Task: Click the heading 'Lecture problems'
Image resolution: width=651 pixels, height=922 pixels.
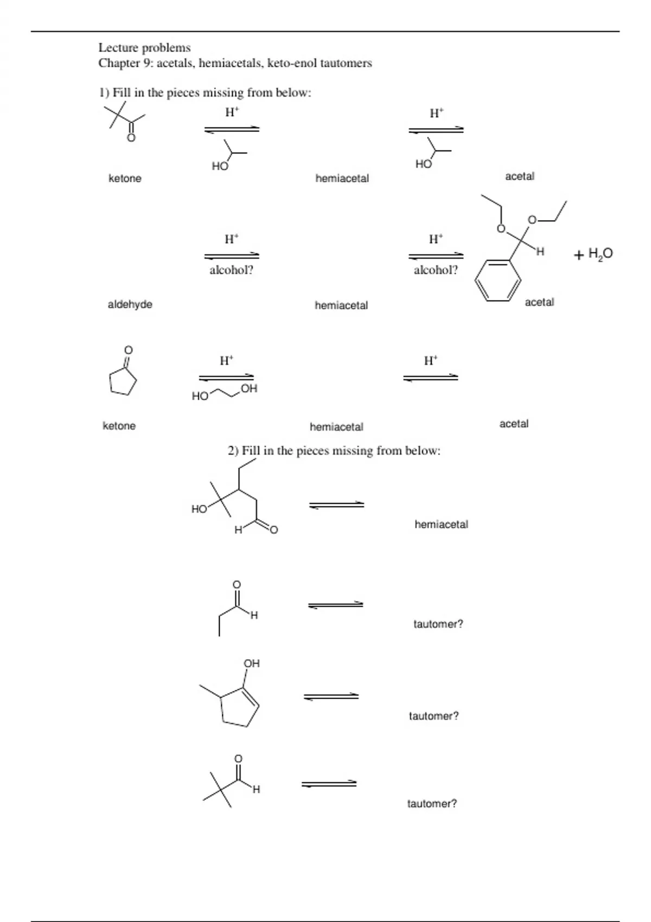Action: [x=144, y=48]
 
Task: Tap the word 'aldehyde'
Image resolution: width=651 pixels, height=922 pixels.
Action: [x=130, y=304]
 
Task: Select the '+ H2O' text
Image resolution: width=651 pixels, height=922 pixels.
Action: [x=593, y=253]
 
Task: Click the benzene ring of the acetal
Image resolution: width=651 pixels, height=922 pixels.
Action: [x=498, y=280]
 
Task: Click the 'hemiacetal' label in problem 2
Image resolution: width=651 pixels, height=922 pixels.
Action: [x=441, y=524]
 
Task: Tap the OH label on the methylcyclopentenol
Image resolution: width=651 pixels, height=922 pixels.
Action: [x=252, y=663]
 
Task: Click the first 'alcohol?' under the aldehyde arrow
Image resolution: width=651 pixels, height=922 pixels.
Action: [x=231, y=270]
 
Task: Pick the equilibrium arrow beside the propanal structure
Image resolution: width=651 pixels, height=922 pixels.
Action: [x=336, y=605]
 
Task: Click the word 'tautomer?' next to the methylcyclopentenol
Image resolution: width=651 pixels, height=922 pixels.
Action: [x=433, y=716]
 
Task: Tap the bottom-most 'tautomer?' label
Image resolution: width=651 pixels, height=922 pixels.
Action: [x=432, y=804]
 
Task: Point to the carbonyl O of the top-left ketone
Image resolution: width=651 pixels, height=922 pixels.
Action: [x=131, y=138]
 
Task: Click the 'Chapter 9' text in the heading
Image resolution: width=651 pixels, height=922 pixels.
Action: [x=126, y=63]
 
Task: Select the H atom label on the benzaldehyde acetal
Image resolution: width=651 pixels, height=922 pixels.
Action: [x=539, y=252]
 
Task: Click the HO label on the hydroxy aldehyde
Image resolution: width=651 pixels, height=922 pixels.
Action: [x=199, y=509]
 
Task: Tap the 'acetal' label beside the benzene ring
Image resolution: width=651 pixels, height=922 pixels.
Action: [x=539, y=302]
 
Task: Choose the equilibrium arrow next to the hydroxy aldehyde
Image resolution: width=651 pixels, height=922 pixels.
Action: [x=336, y=505]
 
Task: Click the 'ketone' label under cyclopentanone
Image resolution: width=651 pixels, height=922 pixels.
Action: [x=119, y=426]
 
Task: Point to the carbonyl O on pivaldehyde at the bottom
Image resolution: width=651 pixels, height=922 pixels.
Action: [x=238, y=758]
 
